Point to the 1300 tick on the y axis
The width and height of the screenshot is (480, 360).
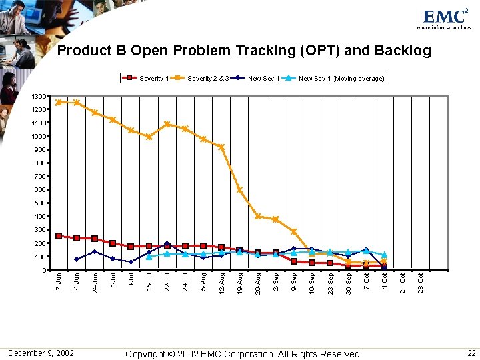point(40,97)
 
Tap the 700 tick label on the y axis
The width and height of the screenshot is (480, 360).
point(41,177)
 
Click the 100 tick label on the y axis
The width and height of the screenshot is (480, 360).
point(41,257)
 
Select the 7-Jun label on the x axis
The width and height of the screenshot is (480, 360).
point(59,281)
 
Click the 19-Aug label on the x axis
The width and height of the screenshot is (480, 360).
point(239,281)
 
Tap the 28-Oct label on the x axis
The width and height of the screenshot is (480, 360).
point(420,281)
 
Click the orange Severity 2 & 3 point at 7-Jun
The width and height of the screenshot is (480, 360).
point(59,102)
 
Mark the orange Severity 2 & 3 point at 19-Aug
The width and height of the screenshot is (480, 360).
point(239,190)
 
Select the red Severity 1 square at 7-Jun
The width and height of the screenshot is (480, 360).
point(59,236)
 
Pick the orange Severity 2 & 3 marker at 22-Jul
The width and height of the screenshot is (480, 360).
point(167,124)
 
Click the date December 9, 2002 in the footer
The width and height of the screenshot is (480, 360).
point(41,353)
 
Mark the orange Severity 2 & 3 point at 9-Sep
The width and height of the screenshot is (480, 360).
point(293,231)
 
